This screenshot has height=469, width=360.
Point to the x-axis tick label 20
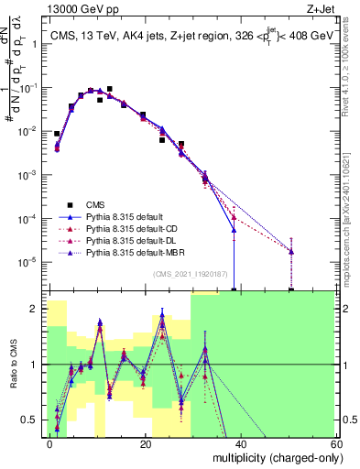pyautogui.click(x=146, y=443)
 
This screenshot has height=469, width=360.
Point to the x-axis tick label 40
pyautogui.click(x=241, y=443)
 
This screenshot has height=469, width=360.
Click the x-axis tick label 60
pyautogui.click(x=335, y=443)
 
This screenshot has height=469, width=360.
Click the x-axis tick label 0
pyautogui.click(x=50, y=443)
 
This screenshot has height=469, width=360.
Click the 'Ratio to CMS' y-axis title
pyautogui.click(x=14, y=365)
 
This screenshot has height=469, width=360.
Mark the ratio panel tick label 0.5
pyautogui.click(x=33, y=420)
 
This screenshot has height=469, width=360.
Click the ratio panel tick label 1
pyautogui.click(x=37, y=365)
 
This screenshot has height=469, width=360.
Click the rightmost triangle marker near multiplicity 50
pyautogui.click(x=290, y=251)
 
